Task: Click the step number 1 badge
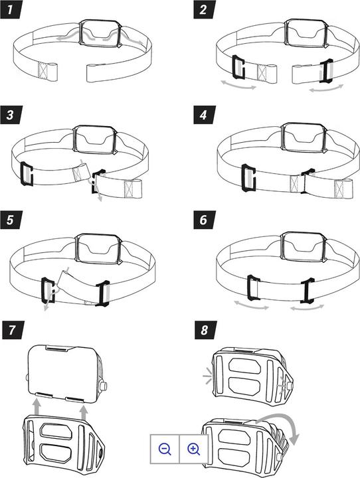pyautogui.click(x=11, y=9)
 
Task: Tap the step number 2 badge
pyautogui.click(x=205, y=9)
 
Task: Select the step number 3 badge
pyautogui.click(x=11, y=115)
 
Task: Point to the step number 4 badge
pyautogui.click(x=205, y=115)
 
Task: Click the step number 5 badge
pyautogui.click(x=11, y=220)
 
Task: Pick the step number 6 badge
pyautogui.click(x=205, y=220)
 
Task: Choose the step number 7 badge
pyautogui.click(x=12, y=330)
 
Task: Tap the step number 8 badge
pyautogui.click(x=206, y=330)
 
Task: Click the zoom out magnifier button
pyautogui.click(x=165, y=449)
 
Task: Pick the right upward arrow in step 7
pyautogui.click(x=84, y=407)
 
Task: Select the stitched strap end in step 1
pyautogui.click(x=47, y=72)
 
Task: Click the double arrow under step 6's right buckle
pyautogui.click(x=308, y=307)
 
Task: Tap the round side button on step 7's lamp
pyautogui.click(x=104, y=385)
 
